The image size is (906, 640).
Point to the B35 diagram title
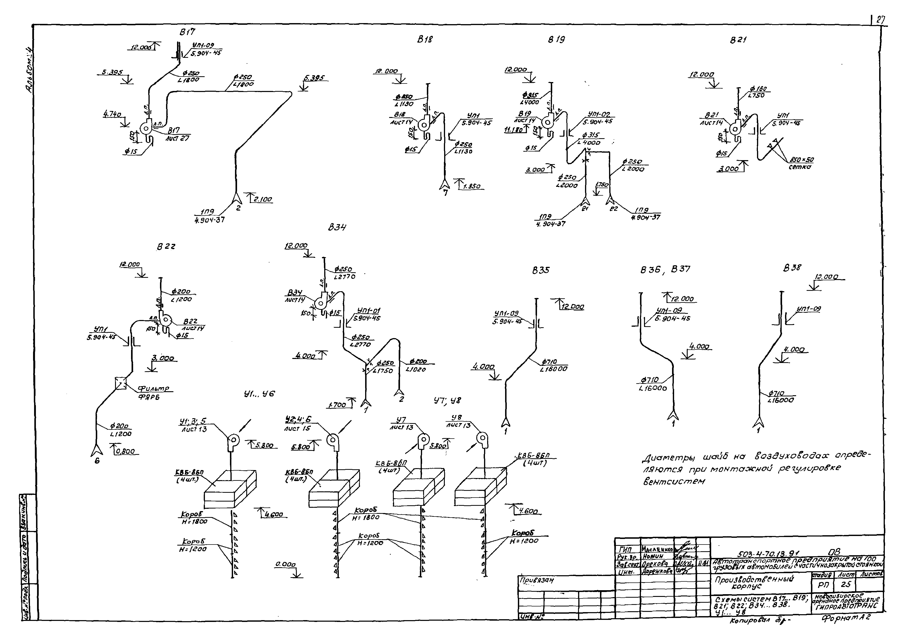tap(541, 270)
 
